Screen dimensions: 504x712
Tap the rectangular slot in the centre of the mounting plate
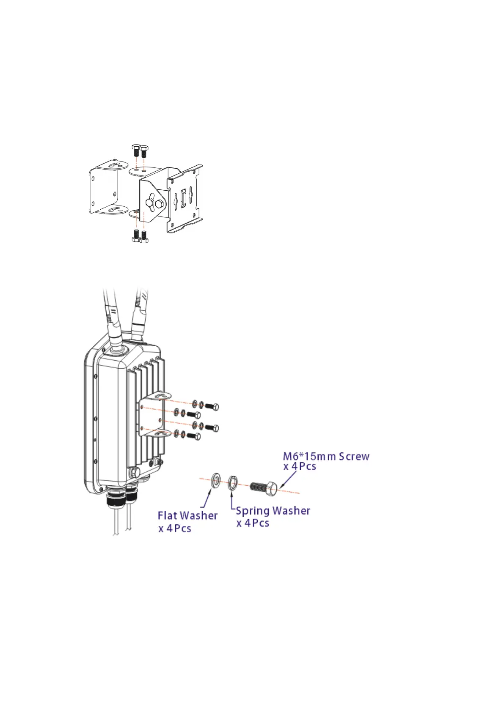point(183,198)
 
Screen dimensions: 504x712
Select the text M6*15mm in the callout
point(309,457)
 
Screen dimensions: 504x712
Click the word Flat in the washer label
point(167,516)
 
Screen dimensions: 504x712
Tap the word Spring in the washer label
point(253,511)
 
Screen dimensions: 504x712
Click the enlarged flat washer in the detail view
point(216,480)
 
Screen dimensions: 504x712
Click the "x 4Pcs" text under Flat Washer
point(175,529)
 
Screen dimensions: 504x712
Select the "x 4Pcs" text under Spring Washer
point(253,523)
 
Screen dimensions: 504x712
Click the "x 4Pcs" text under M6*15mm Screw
point(300,467)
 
